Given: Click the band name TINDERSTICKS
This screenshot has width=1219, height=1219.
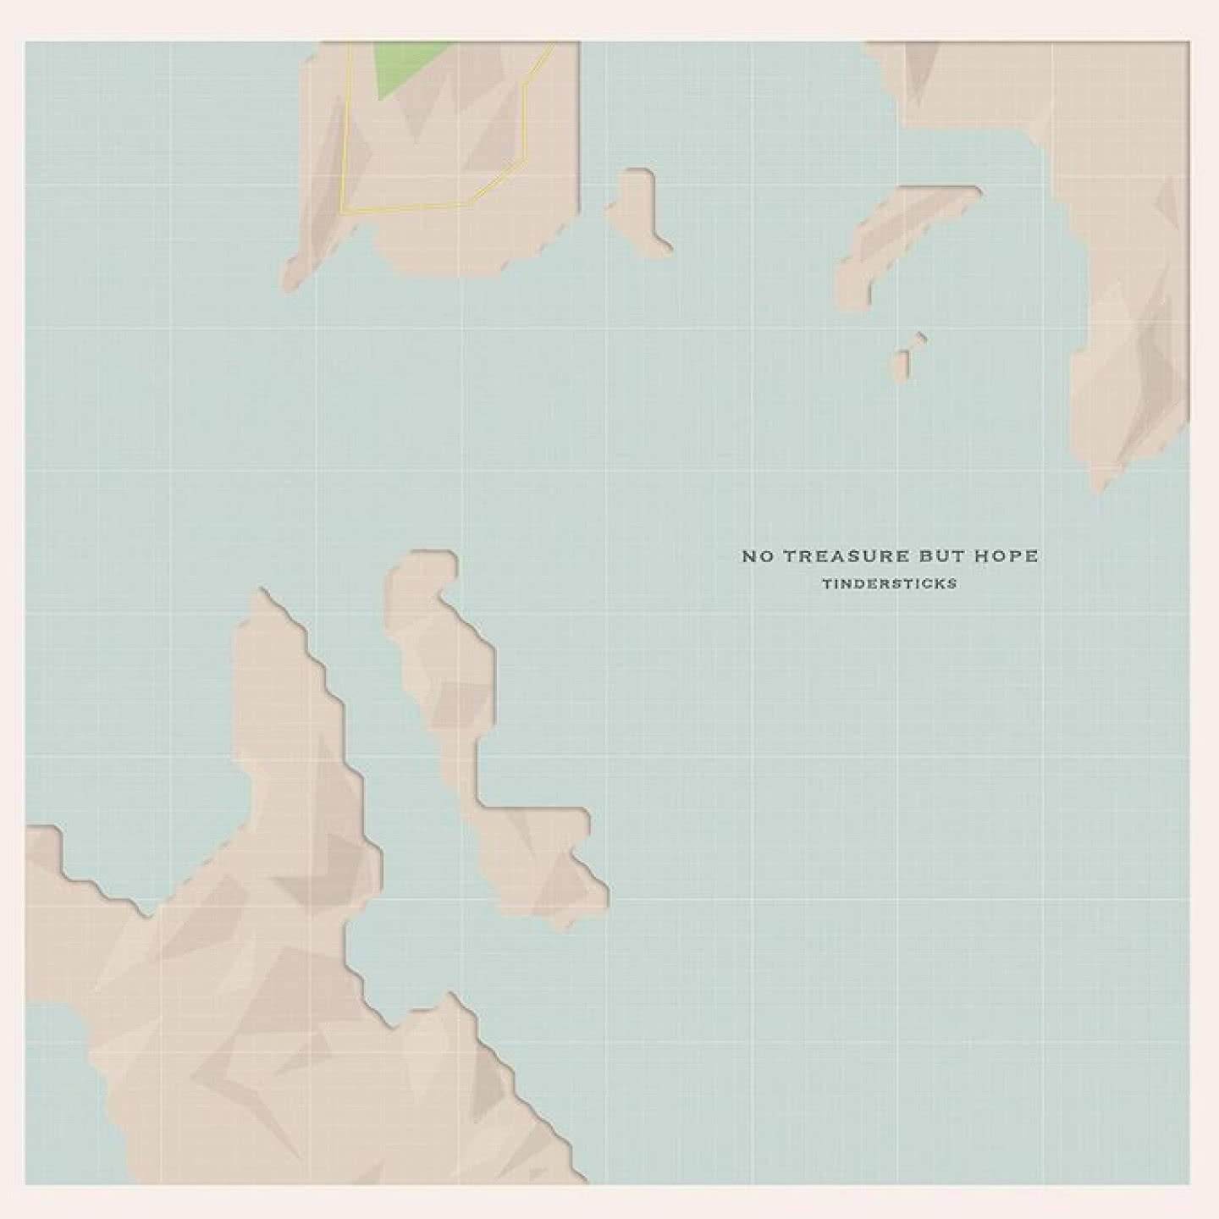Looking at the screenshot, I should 889,583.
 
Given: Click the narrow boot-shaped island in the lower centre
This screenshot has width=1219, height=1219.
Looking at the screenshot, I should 474,720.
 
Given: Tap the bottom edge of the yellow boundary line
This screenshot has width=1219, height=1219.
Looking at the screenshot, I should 406,207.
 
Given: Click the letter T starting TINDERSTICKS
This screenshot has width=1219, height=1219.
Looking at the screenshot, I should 825,583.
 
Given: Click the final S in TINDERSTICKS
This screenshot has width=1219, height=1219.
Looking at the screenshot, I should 952,583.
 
